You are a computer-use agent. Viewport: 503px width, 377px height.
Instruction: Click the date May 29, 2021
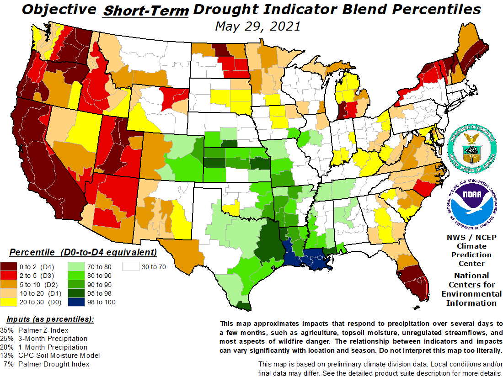coord(257,26)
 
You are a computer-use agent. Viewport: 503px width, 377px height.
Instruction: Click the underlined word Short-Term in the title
coord(146,11)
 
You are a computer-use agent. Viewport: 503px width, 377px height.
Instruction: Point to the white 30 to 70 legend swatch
coord(132,267)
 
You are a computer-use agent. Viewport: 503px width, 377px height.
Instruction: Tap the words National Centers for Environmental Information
coord(471,289)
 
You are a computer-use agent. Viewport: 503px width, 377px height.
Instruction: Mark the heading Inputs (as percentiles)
coord(50,319)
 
